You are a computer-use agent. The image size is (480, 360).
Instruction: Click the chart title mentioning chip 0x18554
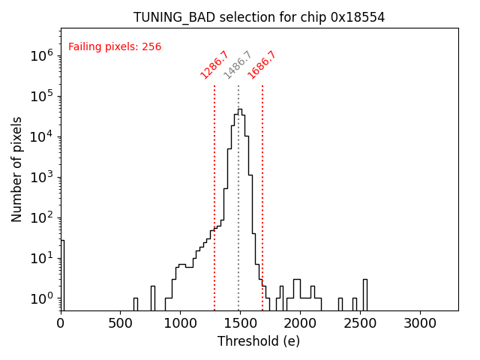pyautogui.click(x=259, y=17)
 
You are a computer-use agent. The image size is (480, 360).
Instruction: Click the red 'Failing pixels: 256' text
pyautogui.click(x=115, y=47)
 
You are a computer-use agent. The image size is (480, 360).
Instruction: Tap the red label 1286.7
pyautogui.click(x=214, y=65)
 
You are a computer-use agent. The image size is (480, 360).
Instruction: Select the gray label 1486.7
pyautogui.click(x=238, y=65)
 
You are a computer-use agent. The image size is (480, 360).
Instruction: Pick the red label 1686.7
pyautogui.click(x=262, y=65)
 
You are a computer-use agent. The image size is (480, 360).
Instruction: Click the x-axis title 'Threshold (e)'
pyautogui.click(x=259, y=341)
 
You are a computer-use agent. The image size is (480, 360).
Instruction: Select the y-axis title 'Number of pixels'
pyautogui.click(x=17, y=169)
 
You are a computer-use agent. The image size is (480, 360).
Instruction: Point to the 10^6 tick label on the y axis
pyautogui.click(x=42, y=55)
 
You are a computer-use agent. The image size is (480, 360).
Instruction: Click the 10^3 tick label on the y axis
pyautogui.click(x=42, y=177)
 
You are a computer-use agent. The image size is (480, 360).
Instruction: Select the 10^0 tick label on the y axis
pyautogui.click(x=42, y=298)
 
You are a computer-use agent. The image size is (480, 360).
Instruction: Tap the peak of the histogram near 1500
pyautogui.click(x=240, y=110)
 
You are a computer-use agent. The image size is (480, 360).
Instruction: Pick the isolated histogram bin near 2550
pyautogui.click(x=365, y=294)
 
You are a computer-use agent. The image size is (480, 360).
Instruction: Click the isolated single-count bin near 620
pyautogui.click(x=136, y=304)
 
